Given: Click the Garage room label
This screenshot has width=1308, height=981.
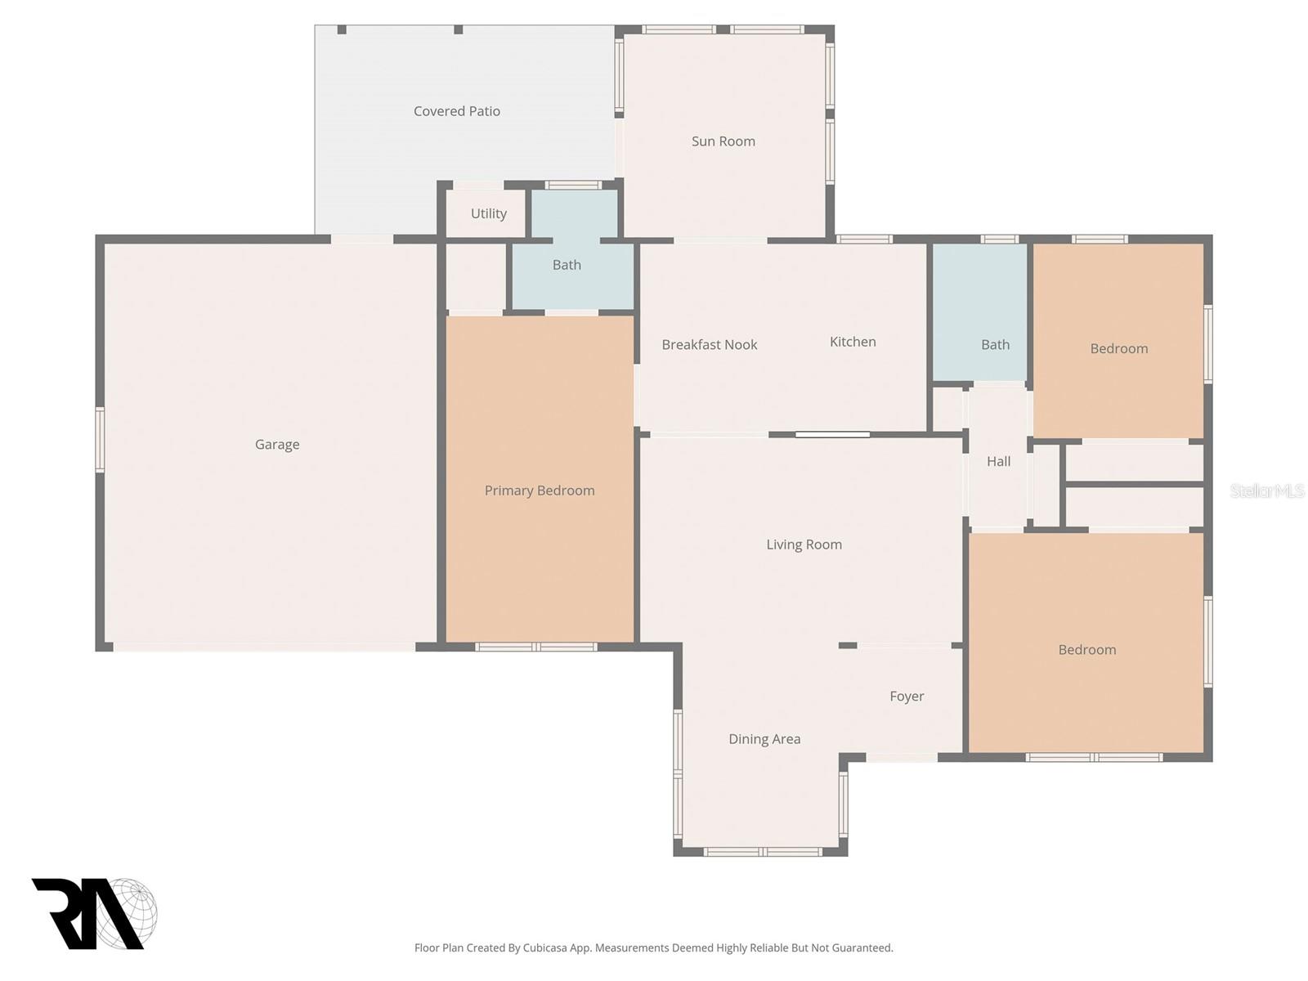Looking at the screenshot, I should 277,445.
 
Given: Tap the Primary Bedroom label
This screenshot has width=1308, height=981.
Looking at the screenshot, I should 540,490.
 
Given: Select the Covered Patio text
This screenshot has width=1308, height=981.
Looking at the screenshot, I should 456,111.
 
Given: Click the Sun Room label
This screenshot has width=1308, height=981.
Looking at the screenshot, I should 723,141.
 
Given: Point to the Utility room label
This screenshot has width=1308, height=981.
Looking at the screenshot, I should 488,213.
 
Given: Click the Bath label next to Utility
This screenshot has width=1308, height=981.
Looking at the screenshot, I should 567,265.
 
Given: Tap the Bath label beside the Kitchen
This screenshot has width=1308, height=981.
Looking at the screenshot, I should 995,345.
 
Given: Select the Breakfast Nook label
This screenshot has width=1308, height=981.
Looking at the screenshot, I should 709,345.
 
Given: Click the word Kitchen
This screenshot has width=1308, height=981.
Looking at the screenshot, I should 853,342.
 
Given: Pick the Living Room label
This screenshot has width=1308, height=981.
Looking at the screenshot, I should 804,544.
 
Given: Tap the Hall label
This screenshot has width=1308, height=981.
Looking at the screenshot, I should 998,462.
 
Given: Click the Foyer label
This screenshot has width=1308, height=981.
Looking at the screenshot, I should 907,697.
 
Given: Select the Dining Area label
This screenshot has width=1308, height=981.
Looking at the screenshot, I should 764,739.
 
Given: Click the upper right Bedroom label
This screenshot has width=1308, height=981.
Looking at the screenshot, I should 1118,349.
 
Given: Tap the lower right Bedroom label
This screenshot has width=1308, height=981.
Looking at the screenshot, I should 1086,650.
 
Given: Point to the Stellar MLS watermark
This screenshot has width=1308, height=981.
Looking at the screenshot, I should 1266,490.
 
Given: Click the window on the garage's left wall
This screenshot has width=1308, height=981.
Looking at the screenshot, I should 100,440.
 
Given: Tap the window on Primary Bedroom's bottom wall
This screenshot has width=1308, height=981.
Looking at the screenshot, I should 536,647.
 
